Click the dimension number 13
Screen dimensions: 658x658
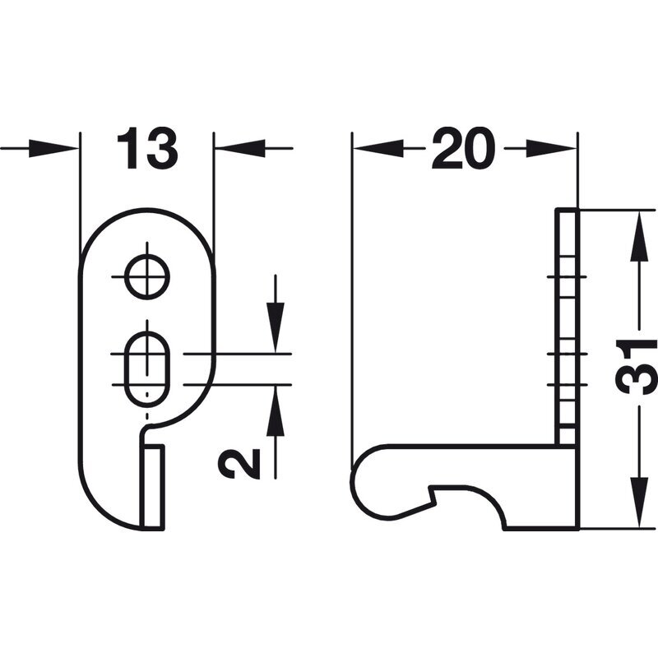[x=147, y=148]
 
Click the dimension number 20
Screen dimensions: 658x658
[x=464, y=148]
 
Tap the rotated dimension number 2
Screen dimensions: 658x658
[x=239, y=462]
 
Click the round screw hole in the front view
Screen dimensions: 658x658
[x=147, y=277]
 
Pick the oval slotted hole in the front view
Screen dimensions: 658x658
[x=147, y=369]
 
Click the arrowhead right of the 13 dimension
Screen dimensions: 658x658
[x=239, y=148]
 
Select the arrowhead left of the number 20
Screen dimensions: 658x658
[x=378, y=148]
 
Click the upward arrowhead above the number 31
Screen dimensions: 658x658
[x=639, y=238]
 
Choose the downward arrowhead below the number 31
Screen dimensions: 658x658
[x=639, y=502]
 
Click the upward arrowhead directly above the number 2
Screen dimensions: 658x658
[x=276, y=410]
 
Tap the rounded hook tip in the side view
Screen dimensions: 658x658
[x=367, y=483]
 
